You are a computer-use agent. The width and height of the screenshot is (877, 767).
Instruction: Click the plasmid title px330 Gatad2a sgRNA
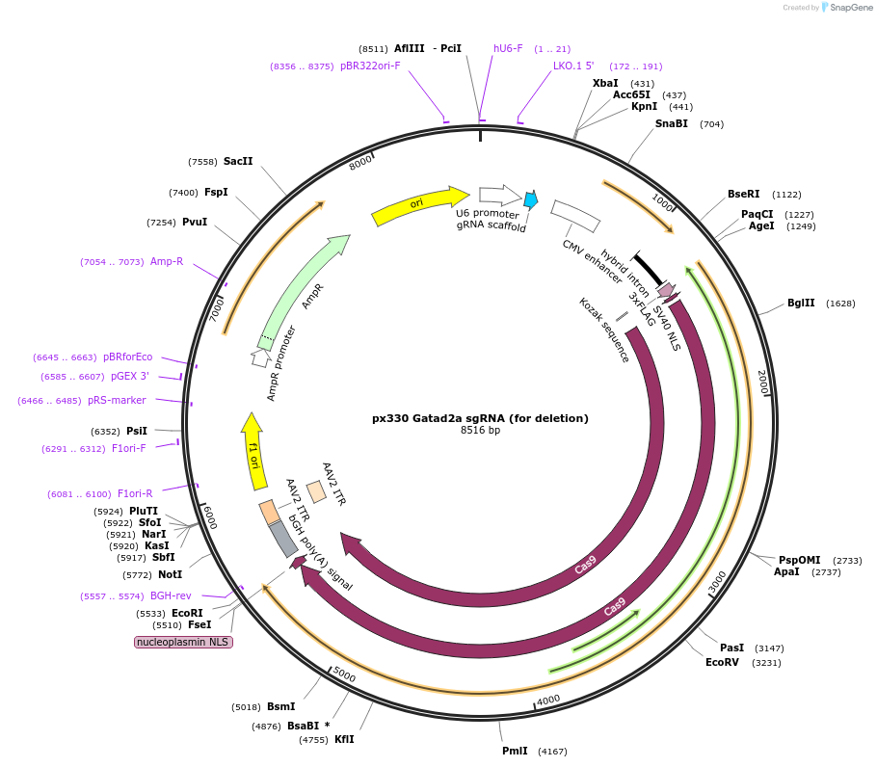coord(480,418)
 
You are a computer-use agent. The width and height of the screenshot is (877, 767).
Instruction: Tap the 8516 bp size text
coord(480,431)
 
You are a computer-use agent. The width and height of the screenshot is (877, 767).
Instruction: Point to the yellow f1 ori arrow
coord(252,449)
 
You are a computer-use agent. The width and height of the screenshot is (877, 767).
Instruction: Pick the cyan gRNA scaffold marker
coord(530,199)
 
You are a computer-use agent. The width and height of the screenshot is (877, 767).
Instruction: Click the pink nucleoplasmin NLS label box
coord(184,642)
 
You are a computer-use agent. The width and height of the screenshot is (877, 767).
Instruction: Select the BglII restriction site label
coord(800,304)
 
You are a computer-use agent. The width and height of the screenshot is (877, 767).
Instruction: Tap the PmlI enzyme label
coord(515,751)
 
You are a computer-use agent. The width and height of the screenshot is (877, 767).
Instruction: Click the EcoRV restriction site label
coord(722,663)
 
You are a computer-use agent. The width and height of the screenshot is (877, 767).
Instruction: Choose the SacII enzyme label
coord(238,161)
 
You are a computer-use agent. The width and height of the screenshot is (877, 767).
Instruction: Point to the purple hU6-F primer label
coord(508,48)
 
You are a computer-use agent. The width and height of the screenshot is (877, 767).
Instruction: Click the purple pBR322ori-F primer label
coord(370,66)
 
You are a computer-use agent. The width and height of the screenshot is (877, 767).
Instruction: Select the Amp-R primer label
coord(167,262)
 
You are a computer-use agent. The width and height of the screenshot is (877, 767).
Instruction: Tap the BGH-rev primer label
coord(171,596)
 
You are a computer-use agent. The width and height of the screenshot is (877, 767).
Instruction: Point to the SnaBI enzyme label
coord(672,123)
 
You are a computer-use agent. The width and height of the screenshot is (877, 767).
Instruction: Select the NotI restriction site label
coord(170,575)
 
